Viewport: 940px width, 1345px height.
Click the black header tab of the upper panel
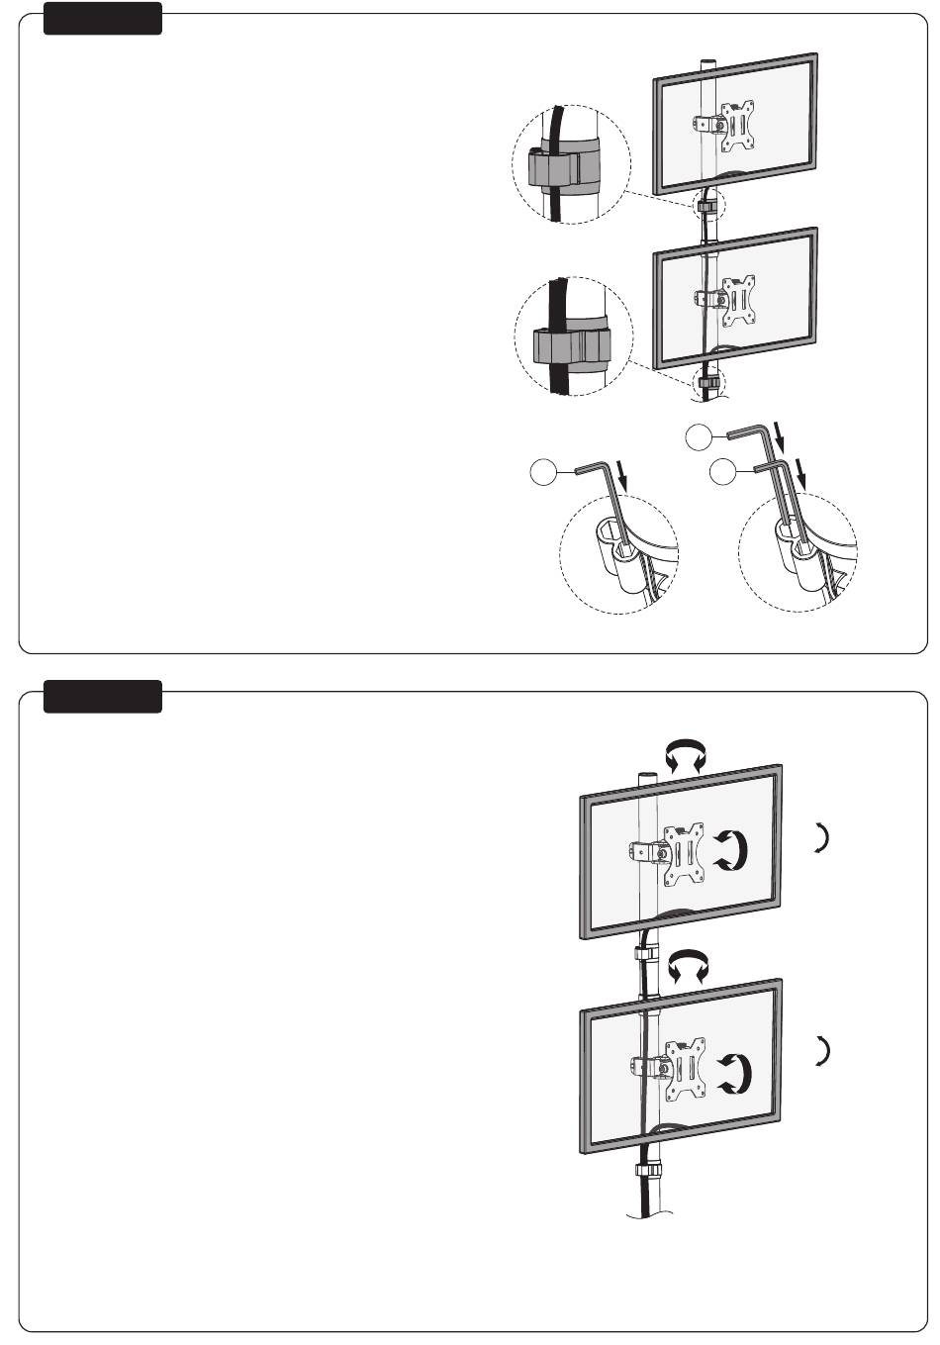tap(103, 19)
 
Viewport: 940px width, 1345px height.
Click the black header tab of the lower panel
tap(103, 696)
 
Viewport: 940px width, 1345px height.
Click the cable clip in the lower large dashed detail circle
tap(568, 345)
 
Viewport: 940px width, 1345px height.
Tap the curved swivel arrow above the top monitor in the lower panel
tap(685, 758)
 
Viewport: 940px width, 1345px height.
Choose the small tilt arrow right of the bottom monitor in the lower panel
tap(821, 1051)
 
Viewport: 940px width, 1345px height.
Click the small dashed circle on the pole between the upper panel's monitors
tap(709, 207)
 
